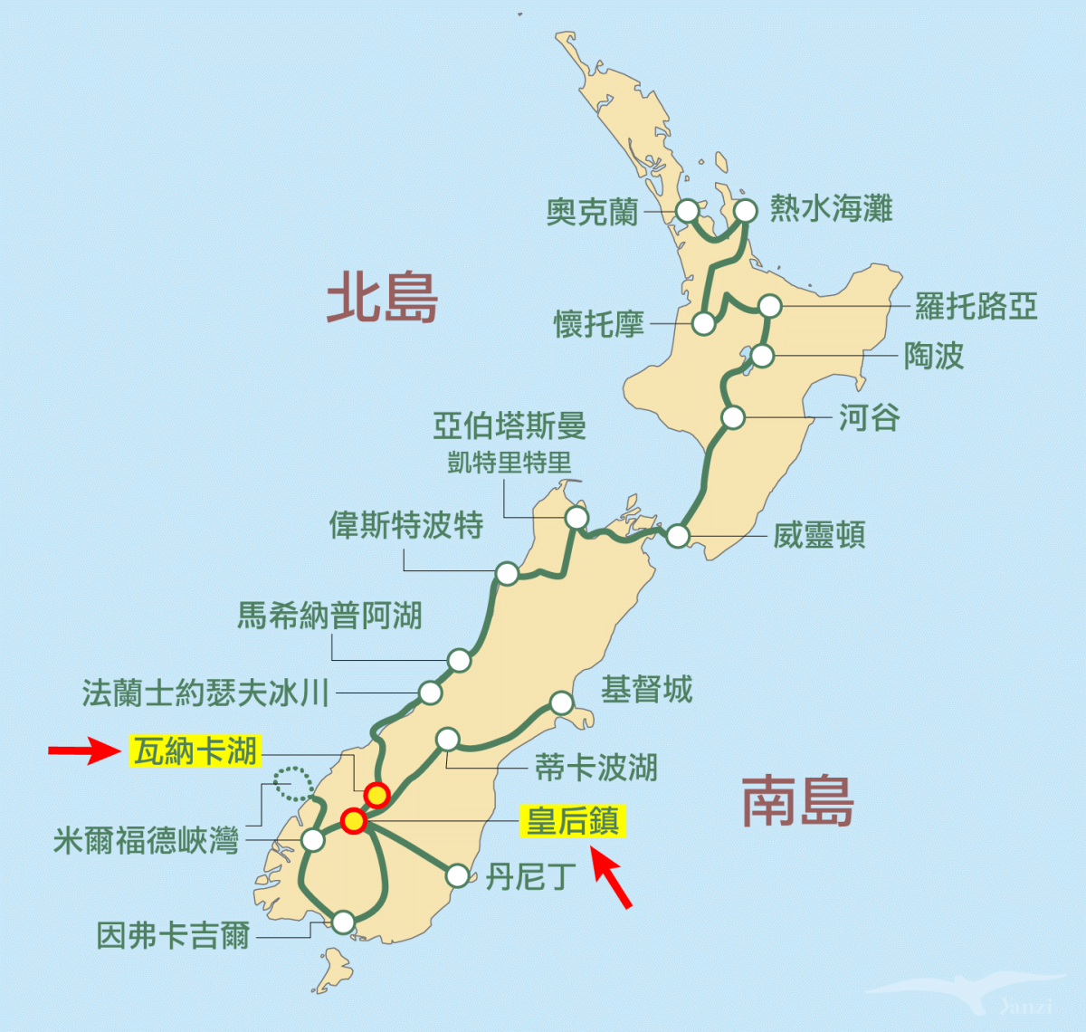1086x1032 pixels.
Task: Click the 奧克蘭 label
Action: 592,213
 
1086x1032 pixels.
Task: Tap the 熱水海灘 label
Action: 831,209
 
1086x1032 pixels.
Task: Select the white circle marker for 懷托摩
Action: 703,323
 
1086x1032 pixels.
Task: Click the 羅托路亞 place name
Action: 976,306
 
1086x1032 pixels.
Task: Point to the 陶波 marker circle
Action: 762,356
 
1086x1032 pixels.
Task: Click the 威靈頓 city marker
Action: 678,536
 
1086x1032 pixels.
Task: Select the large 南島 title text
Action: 797,802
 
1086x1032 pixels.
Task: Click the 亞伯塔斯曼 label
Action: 510,425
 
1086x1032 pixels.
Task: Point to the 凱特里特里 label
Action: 510,463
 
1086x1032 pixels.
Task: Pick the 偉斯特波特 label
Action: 406,525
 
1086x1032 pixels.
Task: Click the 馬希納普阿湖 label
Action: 329,616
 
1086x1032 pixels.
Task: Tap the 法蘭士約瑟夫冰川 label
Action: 205,693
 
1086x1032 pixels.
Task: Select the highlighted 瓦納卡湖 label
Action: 195,750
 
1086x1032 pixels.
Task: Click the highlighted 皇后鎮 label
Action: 573,822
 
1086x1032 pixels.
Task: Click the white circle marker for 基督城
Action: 562,702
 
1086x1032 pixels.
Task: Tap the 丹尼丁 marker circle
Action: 458,875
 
